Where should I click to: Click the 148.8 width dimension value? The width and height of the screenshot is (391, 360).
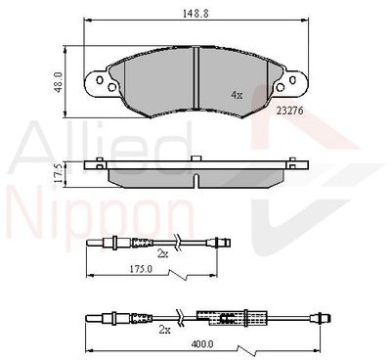coord(195,14)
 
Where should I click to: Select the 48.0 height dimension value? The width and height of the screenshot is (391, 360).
coord(59,81)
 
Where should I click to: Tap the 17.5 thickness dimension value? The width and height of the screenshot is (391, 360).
coord(59,174)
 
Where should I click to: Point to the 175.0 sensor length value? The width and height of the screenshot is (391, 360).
coord(141,269)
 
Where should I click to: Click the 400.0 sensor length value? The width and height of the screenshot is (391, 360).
coord(202,343)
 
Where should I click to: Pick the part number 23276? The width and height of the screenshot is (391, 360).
coord(289,111)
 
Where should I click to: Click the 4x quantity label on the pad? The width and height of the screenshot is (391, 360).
coord(237,95)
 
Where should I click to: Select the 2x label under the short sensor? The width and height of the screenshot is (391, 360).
coord(163,254)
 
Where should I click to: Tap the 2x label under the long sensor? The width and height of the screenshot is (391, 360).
coord(165,330)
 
